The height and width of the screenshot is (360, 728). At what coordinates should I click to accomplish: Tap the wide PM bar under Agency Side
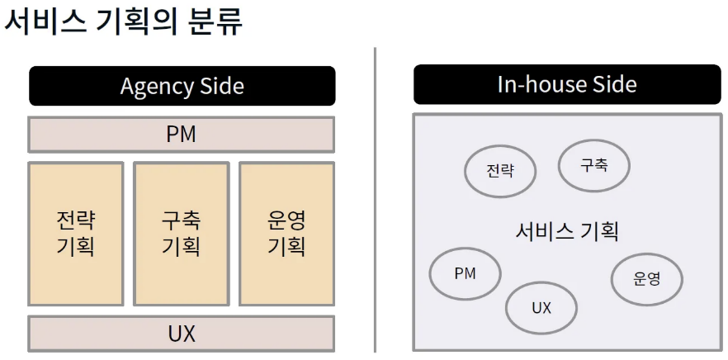click(181, 134)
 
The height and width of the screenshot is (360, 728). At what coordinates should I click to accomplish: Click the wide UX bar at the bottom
click(181, 334)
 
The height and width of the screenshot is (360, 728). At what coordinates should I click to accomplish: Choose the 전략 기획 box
click(75, 233)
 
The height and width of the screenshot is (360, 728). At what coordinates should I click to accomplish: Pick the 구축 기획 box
click(181, 233)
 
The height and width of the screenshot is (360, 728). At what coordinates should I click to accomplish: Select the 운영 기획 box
click(286, 233)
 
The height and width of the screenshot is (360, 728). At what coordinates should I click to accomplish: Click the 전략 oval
click(500, 171)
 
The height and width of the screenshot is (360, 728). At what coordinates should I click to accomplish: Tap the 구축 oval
click(594, 165)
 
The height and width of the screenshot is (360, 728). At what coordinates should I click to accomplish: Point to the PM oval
click(466, 273)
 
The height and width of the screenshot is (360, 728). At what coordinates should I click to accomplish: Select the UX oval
click(541, 308)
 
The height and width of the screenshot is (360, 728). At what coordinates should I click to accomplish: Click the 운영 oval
click(647, 279)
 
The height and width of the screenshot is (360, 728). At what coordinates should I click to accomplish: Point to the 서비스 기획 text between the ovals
click(567, 230)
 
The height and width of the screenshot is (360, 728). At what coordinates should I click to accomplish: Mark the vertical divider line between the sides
click(376, 198)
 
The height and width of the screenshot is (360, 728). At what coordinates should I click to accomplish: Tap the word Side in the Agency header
click(222, 86)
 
